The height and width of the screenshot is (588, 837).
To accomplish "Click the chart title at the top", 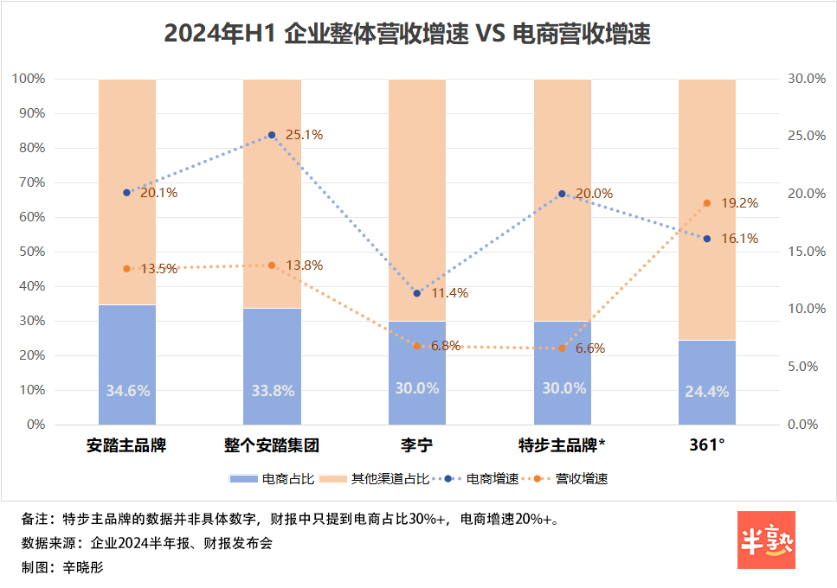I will click(x=407, y=34).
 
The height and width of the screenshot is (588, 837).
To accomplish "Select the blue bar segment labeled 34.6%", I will click(x=127, y=365).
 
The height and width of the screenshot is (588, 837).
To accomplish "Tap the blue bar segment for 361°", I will click(x=706, y=382).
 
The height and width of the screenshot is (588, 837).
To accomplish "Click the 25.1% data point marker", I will click(x=272, y=135).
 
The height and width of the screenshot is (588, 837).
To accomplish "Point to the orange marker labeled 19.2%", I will click(x=706, y=203).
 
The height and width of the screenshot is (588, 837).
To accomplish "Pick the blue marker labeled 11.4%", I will click(x=417, y=293).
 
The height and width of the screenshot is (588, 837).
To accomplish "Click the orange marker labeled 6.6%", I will click(x=562, y=348).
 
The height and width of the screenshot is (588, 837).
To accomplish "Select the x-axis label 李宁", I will click(x=416, y=446).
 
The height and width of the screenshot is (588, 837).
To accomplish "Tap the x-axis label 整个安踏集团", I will click(x=272, y=446).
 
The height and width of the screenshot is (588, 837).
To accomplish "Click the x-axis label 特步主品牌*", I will click(x=562, y=446).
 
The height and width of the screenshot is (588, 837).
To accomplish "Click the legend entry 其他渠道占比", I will click(x=381, y=478).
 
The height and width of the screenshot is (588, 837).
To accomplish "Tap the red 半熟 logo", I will click(x=766, y=540).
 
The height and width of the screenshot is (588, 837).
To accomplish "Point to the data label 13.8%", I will click(x=305, y=265).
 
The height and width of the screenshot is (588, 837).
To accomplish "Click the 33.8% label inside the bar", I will click(x=272, y=389).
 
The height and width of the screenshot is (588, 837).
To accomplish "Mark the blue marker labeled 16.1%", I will click(x=706, y=239).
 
